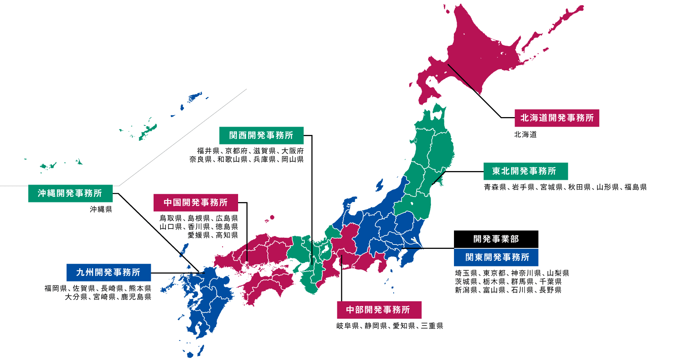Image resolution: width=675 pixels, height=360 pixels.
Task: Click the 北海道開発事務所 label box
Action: click(x=557, y=118)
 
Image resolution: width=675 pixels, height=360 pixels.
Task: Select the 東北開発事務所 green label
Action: click(x=525, y=171)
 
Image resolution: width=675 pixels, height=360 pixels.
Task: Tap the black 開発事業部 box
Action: click(x=496, y=239)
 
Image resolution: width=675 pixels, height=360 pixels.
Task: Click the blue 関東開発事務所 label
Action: click(x=496, y=257)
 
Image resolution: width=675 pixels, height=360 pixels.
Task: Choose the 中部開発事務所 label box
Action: click(x=379, y=310)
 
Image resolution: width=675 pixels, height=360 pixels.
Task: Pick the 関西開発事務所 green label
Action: click(x=261, y=135)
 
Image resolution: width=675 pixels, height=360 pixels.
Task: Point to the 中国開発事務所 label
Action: click(x=196, y=202)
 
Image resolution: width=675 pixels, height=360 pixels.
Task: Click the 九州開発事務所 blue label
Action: click(x=108, y=272)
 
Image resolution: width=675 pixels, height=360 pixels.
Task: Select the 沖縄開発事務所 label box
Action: click(x=70, y=193)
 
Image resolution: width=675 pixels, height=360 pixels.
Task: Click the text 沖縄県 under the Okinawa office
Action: click(x=101, y=209)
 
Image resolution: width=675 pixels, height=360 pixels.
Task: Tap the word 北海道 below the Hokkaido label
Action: click(x=525, y=135)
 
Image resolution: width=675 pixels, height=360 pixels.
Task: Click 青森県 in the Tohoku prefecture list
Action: click(x=495, y=187)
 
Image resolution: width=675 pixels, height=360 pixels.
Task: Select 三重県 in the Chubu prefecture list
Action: click(x=432, y=326)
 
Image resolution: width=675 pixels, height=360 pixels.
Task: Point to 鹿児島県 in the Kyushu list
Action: click(x=136, y=297)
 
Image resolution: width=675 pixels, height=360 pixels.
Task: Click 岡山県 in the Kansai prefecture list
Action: click(x=292, y=159)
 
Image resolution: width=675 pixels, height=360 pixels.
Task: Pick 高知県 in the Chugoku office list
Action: click(x=227, y=235)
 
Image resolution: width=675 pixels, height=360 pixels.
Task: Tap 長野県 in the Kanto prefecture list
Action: click(x=550, y=290)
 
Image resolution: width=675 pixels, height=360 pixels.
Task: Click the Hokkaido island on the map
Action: click(x=488, y=52)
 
